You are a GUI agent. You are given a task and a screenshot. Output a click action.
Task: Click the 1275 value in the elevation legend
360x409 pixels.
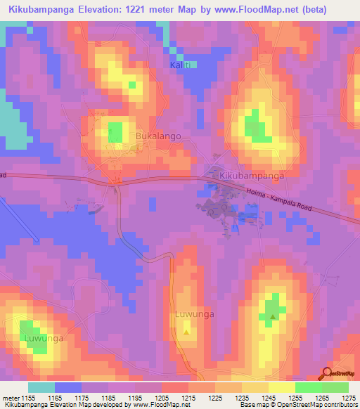click(345, 398)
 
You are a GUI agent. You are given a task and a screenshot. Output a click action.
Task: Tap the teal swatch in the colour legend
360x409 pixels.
click(41, 387)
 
